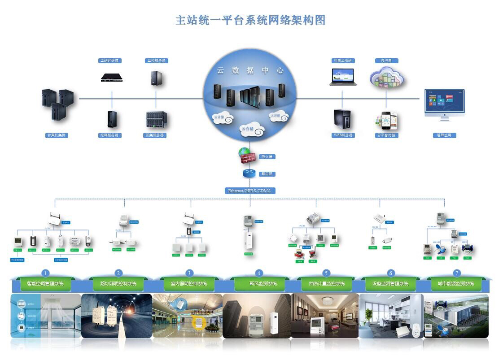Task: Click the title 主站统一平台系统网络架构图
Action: [250, 20]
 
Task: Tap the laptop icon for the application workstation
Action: [343, 77]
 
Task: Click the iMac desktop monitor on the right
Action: [444, 104]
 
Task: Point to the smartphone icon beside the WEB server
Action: [387, 120]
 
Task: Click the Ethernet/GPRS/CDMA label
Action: [250, 191]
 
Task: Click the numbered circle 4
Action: [258, 273]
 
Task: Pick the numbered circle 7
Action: [457, 273]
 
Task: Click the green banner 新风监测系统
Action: [263, 284]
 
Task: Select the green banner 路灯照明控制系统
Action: [118, 284]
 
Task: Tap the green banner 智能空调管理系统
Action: [45, 284]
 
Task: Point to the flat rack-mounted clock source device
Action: [111, 77]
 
